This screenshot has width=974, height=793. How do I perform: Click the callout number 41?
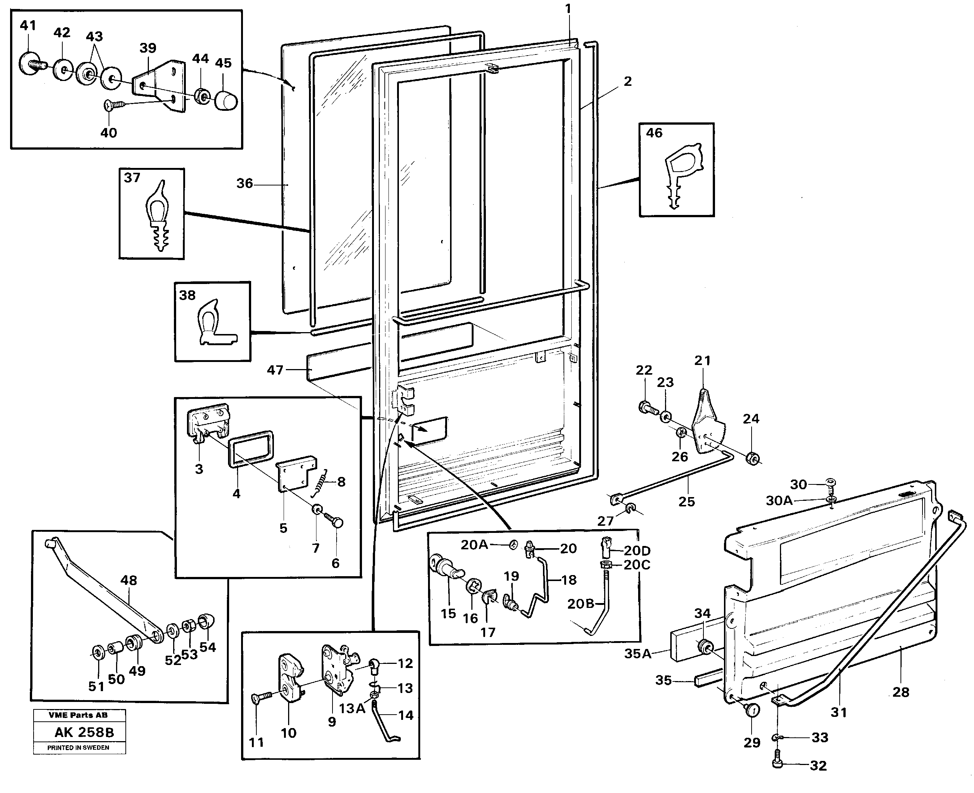pos(28,26)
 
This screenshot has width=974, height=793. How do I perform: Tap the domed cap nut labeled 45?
pos(225,100)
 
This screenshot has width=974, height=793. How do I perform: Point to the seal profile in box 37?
pos(156,216)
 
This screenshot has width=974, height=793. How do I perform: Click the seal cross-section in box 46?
pos(682,174)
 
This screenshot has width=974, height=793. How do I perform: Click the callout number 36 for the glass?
pos(244,184)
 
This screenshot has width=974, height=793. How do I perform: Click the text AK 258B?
pos(84,732)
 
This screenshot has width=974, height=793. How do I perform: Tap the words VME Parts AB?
pos(78,715)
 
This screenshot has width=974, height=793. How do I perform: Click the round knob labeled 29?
pos(752,710)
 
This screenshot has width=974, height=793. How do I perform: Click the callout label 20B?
pos(581,604)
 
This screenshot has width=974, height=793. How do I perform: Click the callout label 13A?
pos(352,709)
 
